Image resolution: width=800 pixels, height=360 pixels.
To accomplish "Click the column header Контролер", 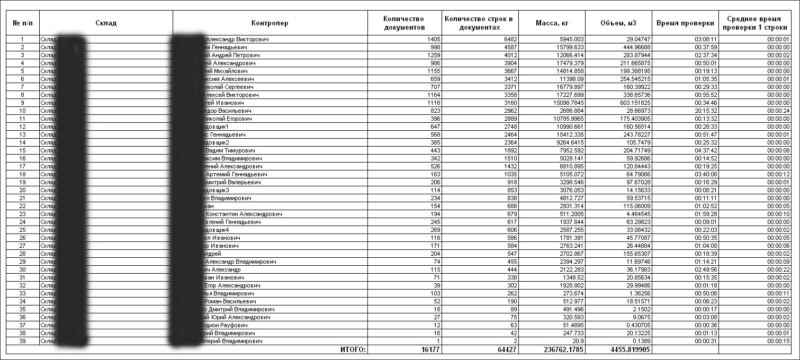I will (x=270, y=23).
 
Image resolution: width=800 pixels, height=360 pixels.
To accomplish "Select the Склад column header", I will (x=106, y=23).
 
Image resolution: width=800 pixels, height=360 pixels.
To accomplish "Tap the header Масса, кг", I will (x=552, y=23).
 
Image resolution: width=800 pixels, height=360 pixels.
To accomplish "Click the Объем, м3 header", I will (x=618, y=23).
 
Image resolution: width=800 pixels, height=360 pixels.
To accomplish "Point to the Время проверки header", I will (x=685, y=23).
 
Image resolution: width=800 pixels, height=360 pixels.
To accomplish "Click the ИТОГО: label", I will (x=353, y=350).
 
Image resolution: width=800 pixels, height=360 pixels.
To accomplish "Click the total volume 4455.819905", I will (x=628, y=350).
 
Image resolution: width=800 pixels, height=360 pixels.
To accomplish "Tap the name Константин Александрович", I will (x=244, y=214).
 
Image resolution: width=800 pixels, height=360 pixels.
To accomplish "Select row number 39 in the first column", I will (x=22, y=341).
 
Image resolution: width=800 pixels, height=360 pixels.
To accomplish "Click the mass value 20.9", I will (x=577, y=341).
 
